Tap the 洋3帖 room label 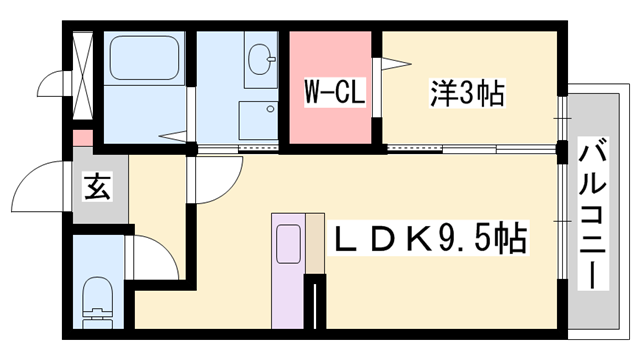tap(468, 94)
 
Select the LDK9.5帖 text tap(431, 239)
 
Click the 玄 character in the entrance tap(97, 186)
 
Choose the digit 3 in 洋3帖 tap(468, 94)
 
